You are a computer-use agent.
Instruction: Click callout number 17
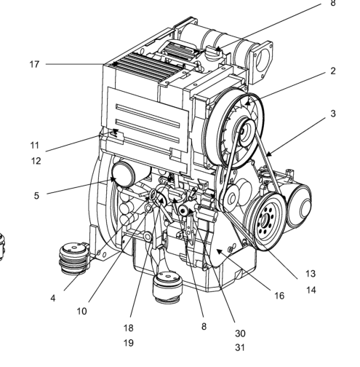click(x=34, y=64)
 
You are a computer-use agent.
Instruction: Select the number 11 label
click(x=34, y=146)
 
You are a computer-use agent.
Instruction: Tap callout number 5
click(x=36, y=195)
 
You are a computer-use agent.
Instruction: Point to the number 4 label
click(x=53, y=298)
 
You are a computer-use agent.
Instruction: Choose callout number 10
click(x=81, y=311)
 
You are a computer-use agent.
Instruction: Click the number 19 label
click(x=129, y=343)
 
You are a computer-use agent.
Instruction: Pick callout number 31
click(x=240, y=348)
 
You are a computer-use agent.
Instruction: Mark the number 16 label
click(x=279, y=296)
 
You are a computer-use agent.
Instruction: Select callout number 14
click(x=311, y=290)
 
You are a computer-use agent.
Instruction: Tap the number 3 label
click(x=333, y=114)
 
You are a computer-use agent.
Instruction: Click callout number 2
click(x=333, y=71)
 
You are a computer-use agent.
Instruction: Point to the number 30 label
click(x=240, y=334)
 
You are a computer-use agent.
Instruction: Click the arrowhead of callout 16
click(x=219, y=251)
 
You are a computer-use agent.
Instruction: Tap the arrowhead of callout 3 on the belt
click(x=268, y=154)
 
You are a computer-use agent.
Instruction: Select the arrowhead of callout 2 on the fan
click(x=247, y=103)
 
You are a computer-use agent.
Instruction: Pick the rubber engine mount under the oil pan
click(x=167, y=287)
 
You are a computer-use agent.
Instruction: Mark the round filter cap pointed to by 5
click(x=123, y=175)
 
